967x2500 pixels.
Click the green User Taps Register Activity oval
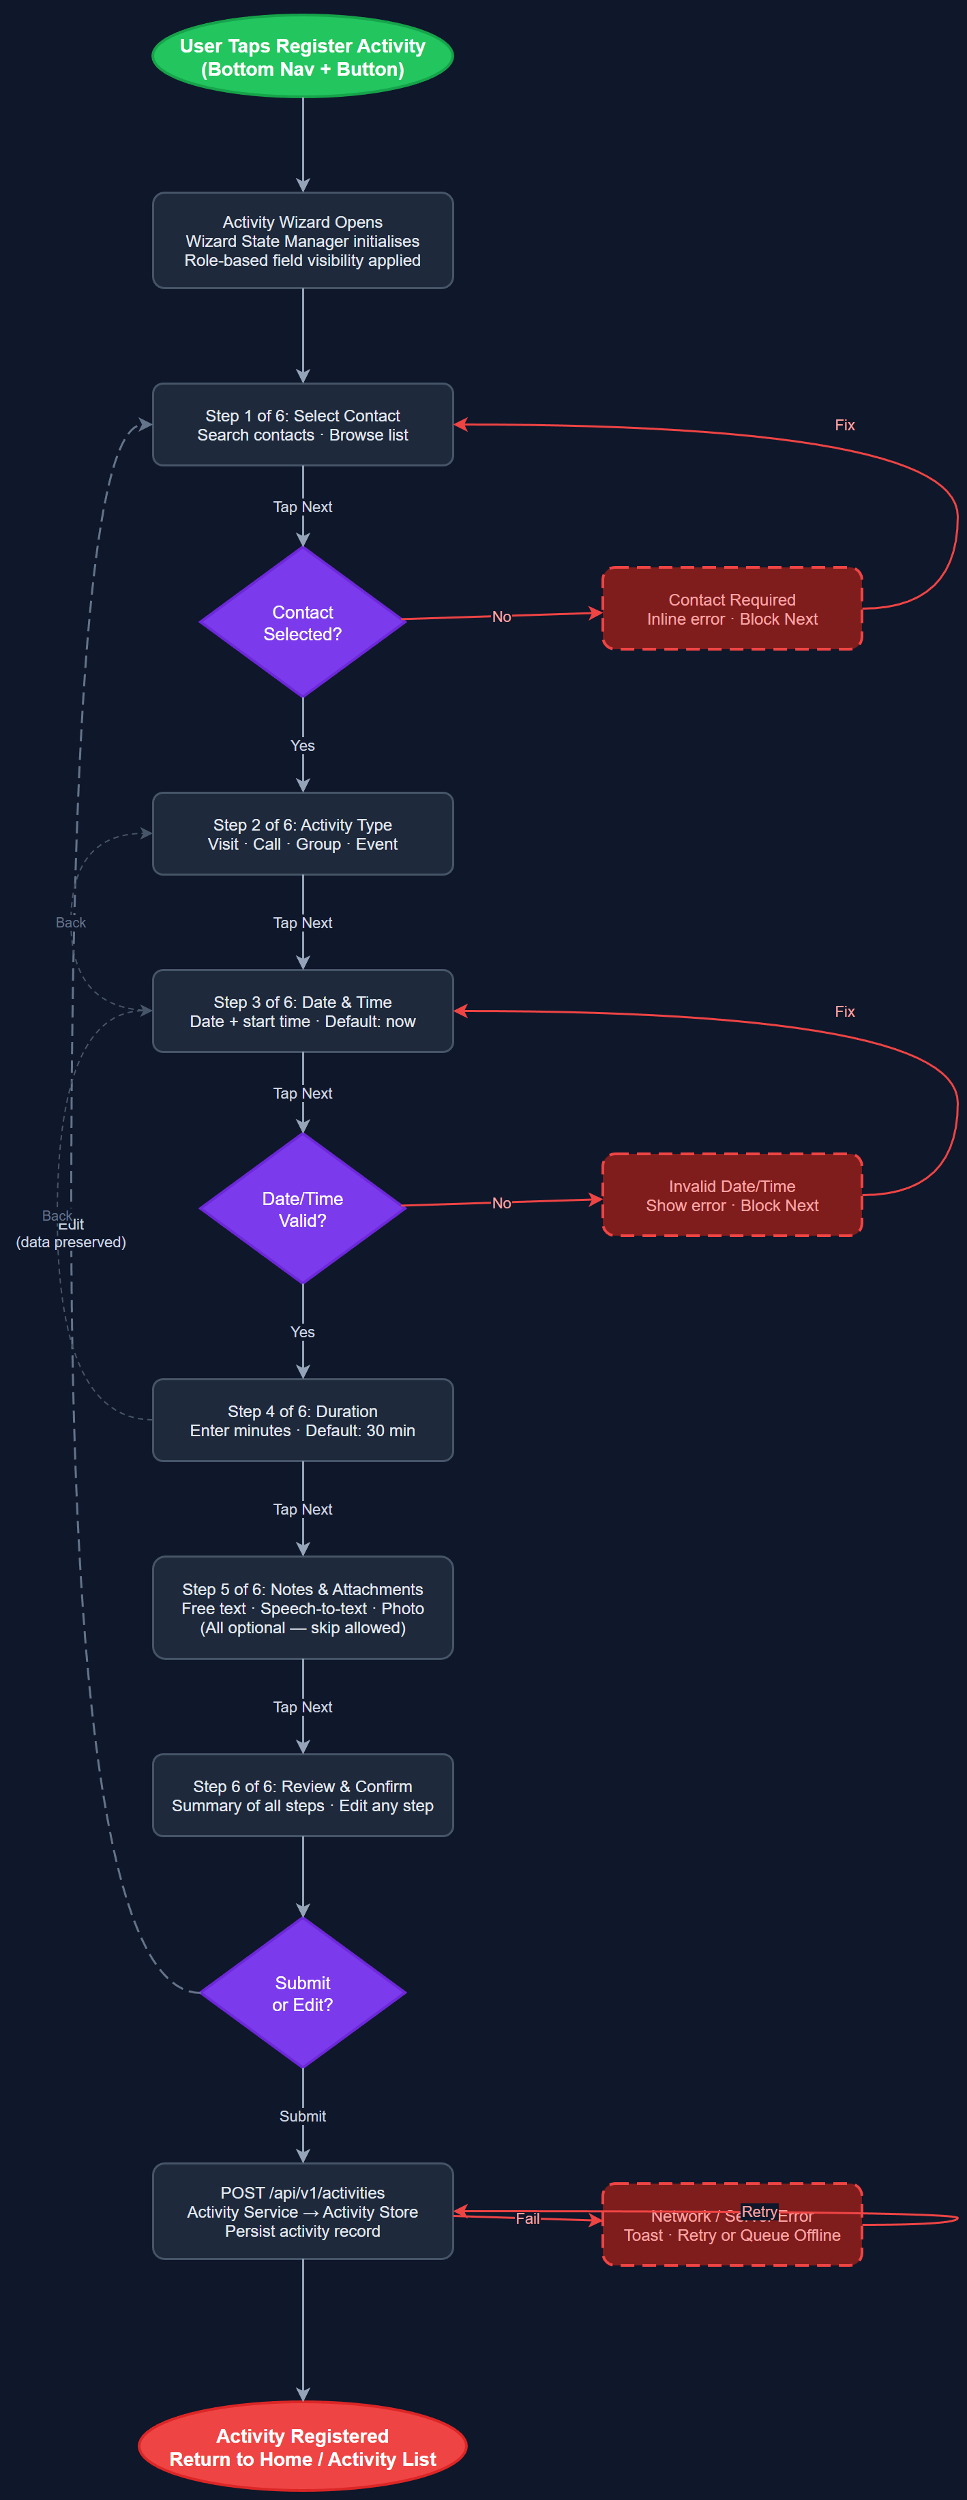[x=302, y=57]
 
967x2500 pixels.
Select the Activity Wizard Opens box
[x=302, y=241]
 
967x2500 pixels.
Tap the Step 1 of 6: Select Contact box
[x=302, y=425]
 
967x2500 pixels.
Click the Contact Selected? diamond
[x=302, y=622]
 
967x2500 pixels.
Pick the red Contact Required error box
[x=732, y=608]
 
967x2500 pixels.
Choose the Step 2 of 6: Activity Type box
[x=302, y=833]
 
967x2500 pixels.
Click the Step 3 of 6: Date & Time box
[x=302, y=1011]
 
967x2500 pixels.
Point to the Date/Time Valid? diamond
[x=302, y=1208]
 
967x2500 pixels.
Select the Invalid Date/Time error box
[x=732, y=1195]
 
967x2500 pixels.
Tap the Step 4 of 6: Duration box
[x=302, y=1420]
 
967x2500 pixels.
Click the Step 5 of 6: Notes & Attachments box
[x=302, y=1607]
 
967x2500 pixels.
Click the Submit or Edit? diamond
[x=302, y=1993]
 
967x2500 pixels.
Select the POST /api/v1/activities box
[x=302, y=2211]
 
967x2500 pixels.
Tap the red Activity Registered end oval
[x=302, y=2445]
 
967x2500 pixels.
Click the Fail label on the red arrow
[x=527, y=2218]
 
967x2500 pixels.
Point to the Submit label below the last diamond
[x=302, y=2115]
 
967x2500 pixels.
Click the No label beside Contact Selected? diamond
[x=501, y=616]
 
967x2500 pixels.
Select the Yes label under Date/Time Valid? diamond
[x=302, y=1332]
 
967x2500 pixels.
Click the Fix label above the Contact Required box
[x=845, y=425]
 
